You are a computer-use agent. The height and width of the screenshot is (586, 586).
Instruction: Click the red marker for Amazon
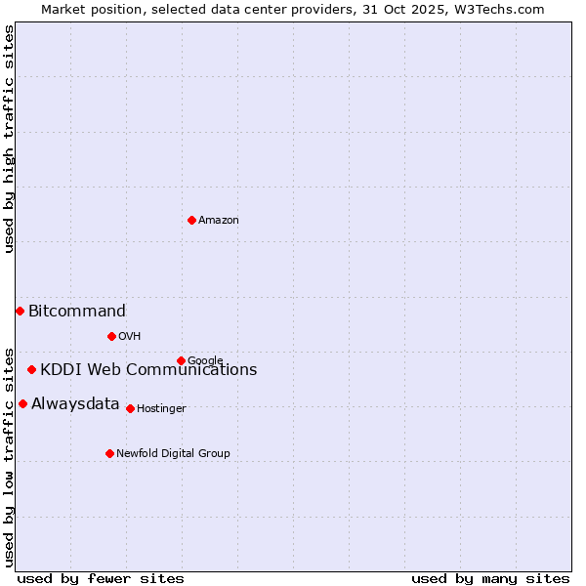pos(191,220)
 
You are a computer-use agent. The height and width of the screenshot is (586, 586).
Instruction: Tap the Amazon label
pos(219,221)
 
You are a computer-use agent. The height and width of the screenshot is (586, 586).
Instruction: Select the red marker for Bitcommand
pos(20,311)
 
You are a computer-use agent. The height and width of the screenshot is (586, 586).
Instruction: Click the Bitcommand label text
pos(77,312)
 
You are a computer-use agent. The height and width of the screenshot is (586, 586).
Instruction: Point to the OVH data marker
pos(111,336)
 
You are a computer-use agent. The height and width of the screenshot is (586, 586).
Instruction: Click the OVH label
pos(130,337)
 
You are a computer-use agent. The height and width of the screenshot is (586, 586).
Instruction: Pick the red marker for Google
pos(181,360)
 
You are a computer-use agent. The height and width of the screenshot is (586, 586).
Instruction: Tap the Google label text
pos(205,360)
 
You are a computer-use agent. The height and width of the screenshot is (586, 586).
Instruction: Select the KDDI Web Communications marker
pos(32,369)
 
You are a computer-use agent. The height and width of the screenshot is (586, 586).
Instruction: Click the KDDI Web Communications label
pos(148,370)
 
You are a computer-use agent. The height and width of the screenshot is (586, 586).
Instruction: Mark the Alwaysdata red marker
pos(22,403)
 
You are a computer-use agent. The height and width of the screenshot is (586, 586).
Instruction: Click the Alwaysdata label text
pos(75,404)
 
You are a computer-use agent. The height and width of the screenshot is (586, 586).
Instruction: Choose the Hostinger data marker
pos(130,408)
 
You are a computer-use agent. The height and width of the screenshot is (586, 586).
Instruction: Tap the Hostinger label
pos(161,408)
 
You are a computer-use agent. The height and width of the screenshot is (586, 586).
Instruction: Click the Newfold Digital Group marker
pos(109,453)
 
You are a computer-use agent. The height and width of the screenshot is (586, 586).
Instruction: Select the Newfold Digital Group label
pos(173,453)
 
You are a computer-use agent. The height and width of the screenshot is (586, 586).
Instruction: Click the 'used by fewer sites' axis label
pos(101,578)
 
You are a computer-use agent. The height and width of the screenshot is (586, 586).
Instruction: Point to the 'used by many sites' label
pos(490,578)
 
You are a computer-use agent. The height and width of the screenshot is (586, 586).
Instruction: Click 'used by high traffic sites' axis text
pos(9,139)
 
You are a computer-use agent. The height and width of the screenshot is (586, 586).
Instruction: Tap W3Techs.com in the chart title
pos(496,9)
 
